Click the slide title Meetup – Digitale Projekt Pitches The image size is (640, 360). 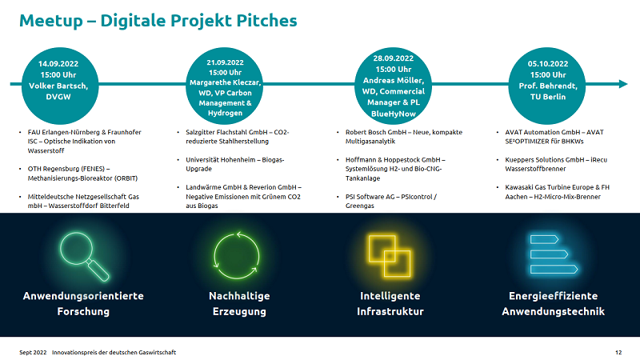click(158, 21)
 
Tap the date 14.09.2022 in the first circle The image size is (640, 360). click(58, 64)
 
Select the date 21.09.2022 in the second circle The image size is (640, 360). click(225, 62)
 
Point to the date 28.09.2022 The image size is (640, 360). click(393, 58)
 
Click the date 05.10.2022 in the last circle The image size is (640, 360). click(548, 64)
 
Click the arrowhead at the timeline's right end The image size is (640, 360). click(623, 84)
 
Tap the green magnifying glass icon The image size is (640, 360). click(85, 256)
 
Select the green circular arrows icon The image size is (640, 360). click(237, 255)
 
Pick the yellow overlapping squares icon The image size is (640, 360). click(390, 255)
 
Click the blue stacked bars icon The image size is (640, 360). click(554, 254)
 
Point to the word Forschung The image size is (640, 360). click(83, 311)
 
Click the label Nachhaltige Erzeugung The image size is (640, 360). click(239, 304)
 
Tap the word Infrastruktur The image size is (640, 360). click(390, 311)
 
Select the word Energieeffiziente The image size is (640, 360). click(553, 296)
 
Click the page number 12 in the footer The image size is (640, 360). click(618, 352)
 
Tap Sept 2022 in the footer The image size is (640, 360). click(33, 352)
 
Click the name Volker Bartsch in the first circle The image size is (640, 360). click(58, 86)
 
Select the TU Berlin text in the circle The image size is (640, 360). click(548, 97)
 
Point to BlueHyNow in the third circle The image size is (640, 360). click(393, 114)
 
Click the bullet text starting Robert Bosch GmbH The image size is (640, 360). click(404, 137)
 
